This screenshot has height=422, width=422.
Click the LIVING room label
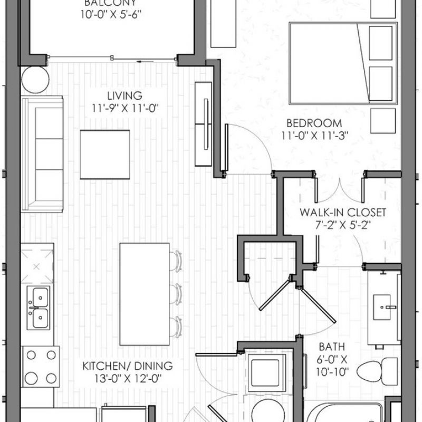(x=124, y=96)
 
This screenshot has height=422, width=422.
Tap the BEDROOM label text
(x=314, y=123)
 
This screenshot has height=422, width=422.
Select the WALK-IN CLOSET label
(x=343, y=213)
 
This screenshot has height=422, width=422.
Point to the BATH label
(x=332, y=347)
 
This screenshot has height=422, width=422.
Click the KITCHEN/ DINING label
(x=128, y=366)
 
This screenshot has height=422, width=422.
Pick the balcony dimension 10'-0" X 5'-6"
(x=111, y=15)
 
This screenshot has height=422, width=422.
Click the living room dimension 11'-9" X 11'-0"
(x=125, y=109)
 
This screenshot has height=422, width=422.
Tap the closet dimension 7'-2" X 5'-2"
(x=343, y=225)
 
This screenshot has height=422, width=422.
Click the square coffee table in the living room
(x=105, y=155)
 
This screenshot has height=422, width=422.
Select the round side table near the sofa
(x=35, y=80)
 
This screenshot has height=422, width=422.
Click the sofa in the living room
(x=42, y=154)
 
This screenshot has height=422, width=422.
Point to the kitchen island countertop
(x=145, y=294)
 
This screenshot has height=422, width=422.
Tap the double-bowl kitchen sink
(x=39, y=308)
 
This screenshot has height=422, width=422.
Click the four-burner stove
(x=41, y=367)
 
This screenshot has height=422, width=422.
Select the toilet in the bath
(x=377, y=371)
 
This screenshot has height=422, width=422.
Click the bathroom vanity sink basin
(x=381, y=308)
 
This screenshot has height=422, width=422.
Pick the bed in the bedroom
(x=343, y=63)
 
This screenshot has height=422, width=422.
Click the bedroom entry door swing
(x=248, y=149)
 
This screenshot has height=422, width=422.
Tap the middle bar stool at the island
(x=176, y=294)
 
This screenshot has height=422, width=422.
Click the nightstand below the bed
(x=383, y=121)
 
